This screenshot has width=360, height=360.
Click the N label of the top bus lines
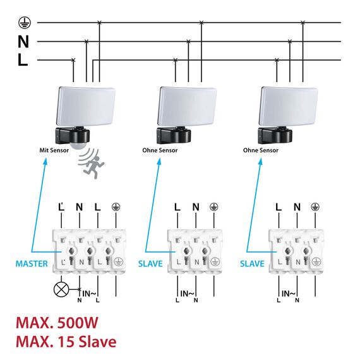(23, 42)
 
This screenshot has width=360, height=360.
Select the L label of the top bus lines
(23, 61)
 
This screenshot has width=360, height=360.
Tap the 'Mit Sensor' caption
(54, 150)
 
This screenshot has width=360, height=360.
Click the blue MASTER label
(32, 263)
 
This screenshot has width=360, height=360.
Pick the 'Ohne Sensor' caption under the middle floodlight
(160, 150)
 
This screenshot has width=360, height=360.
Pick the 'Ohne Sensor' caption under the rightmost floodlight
(261, 150)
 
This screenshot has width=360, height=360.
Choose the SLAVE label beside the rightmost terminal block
(252, 263)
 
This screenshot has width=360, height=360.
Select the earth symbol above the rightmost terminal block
(315, 207)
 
